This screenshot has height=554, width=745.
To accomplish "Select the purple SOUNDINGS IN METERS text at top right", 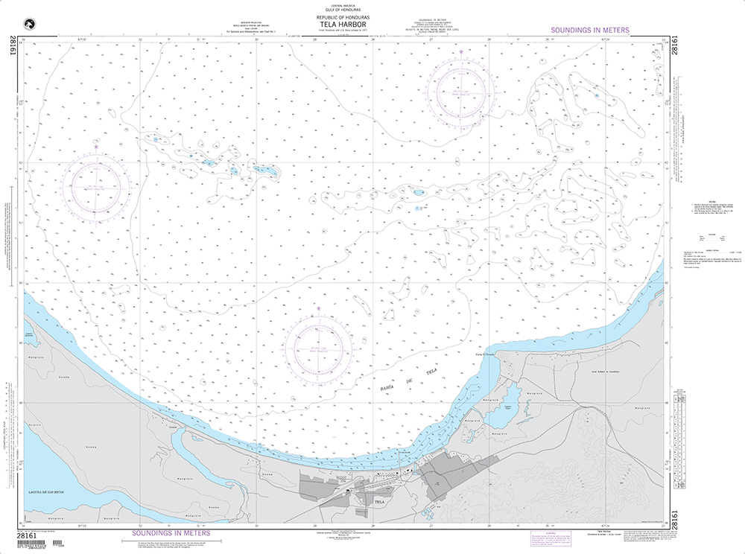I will (x=589, y=31).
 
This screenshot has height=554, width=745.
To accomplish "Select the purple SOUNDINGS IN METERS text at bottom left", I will (x=171, y=533).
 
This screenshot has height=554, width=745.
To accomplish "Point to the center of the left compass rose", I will (x=96, y=187).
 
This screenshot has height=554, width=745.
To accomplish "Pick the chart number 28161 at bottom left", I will (x=28, y=536).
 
